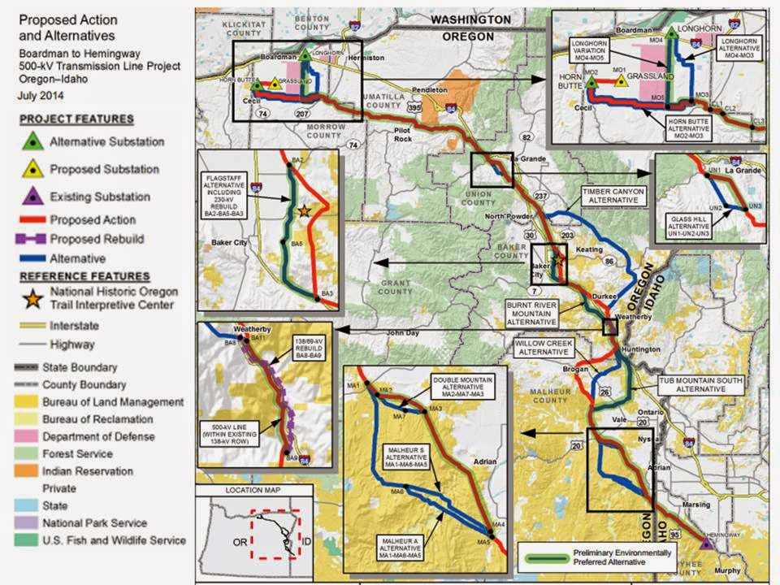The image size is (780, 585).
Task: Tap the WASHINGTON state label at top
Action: (x=471, y=19)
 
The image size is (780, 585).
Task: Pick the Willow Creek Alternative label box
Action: (x=544, y=349)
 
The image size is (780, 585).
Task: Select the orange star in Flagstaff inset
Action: (x=303, y=210)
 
